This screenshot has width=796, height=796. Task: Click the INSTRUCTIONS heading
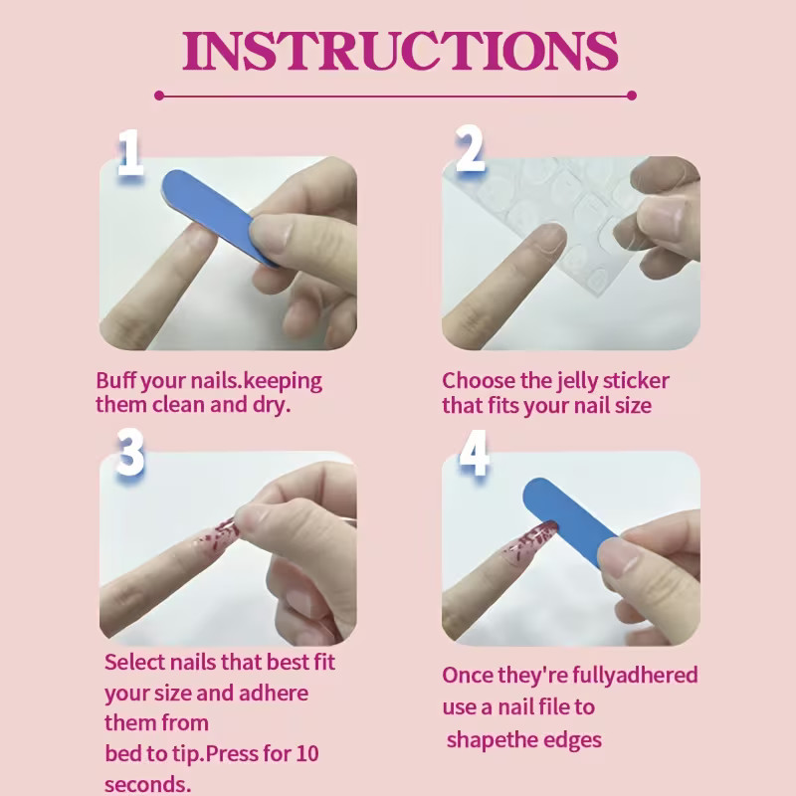[x=400, y=51]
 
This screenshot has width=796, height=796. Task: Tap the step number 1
[x=130, y=152]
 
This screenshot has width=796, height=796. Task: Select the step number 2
[x=470, y=147]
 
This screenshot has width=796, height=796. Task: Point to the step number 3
[x=130, y=452]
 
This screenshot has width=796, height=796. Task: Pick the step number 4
[x=474, y=453]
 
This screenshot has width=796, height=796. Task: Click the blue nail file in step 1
[x=218, y=216]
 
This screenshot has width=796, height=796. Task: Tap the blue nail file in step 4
[x=571, y=520]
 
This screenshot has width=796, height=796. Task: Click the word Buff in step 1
[x=115, y=380]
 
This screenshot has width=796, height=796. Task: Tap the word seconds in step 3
[x=147, y=784]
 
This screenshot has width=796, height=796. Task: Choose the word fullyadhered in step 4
[x=635, y=676]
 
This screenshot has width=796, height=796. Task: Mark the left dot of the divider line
[x=159, y=96]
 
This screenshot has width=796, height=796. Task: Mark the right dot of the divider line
[x=632, y=96]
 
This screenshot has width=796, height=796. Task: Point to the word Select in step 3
[x=134, y=662]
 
